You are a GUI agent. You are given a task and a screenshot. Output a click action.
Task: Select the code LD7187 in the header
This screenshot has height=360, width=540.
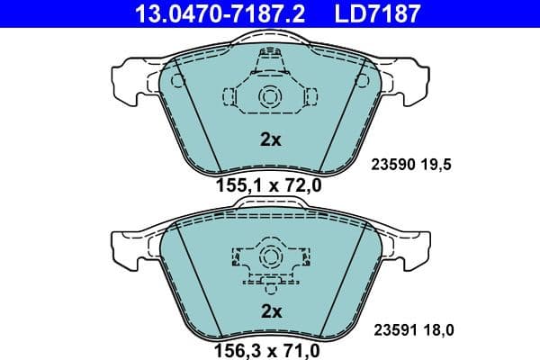tap(370, 13)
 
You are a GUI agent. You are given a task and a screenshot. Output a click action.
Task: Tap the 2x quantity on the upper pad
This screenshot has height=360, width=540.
tap(271, 139)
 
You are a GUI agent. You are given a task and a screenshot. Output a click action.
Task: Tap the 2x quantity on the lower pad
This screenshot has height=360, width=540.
tap(271, 311)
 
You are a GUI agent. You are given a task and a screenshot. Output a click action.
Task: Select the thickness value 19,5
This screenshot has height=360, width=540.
tap(436, 166)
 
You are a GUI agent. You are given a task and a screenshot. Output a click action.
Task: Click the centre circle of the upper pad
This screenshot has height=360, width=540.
tap(269, 97)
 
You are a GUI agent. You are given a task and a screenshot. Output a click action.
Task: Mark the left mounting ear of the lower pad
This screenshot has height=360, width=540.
tap(126, 248)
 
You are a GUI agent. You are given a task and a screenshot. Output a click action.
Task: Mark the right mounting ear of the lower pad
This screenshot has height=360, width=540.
tap(413, 248)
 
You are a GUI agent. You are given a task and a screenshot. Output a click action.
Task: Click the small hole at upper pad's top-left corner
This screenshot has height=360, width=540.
tap(176, 80)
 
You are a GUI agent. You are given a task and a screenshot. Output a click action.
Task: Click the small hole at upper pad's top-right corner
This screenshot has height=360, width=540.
tap(363, 80)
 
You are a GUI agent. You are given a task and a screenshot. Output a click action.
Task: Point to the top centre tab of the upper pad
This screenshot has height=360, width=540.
tap(269, 40)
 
